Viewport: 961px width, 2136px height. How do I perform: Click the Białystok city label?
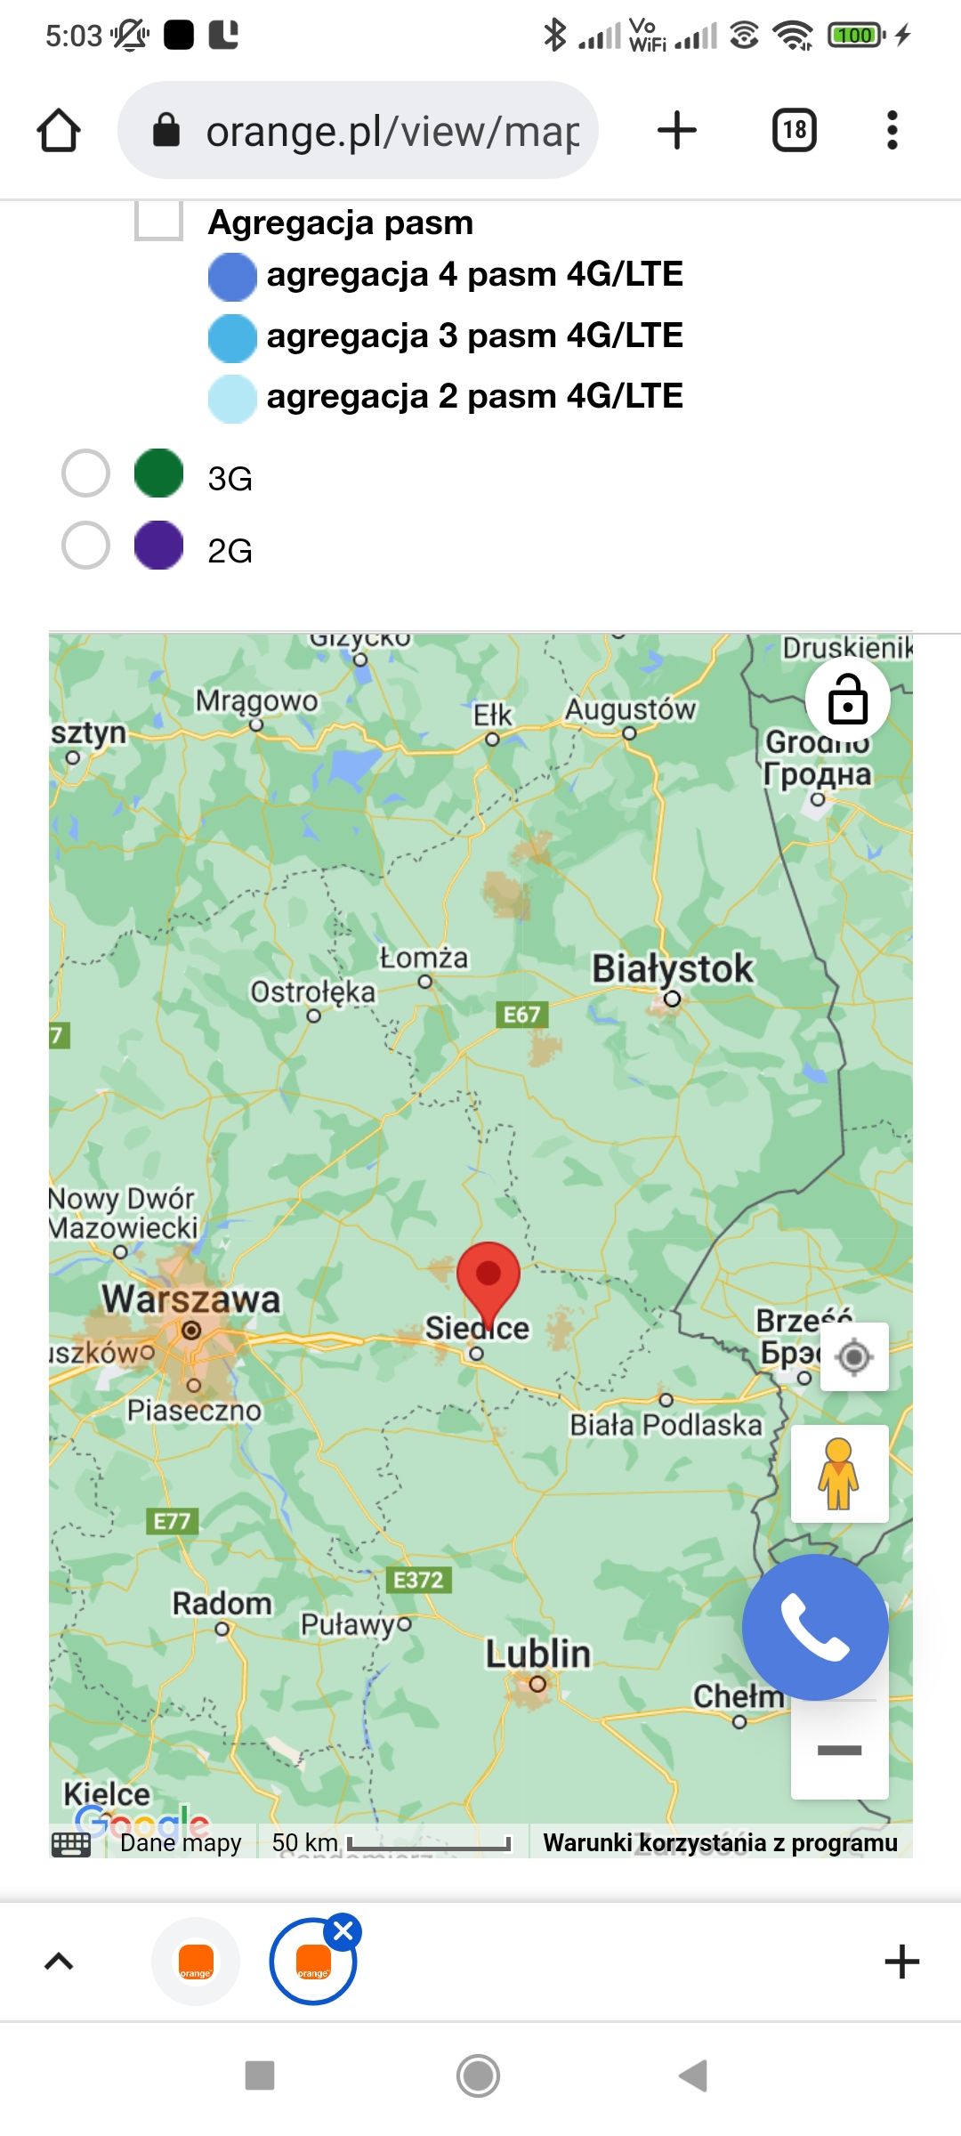(673, 968)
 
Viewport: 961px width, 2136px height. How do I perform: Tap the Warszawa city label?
(190, 1299)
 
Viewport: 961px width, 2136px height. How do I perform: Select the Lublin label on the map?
(537, 1654)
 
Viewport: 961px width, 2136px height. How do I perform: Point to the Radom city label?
(222, 1603)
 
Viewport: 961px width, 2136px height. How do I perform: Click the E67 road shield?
(521, 1015)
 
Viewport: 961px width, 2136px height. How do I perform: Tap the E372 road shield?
(418, 1580)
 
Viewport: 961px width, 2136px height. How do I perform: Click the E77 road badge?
(172, 1521)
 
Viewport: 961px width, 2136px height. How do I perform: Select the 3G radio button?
(85, 473)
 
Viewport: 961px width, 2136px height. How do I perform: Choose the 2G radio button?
(85, 545)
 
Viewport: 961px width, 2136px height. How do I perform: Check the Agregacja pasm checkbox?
(158, 221)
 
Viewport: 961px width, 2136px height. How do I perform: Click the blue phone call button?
(815, 1627)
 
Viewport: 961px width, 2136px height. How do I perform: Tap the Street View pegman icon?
(839, 1474)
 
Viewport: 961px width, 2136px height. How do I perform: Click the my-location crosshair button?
(854, 1356)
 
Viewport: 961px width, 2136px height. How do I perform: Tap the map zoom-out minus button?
(839, 1751)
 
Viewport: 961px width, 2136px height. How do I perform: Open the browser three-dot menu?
(892, 131)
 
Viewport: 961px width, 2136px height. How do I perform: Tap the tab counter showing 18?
(794, 131)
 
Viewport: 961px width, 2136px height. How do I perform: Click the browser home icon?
(59, 131)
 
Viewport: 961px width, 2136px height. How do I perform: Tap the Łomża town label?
(424, 959)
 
